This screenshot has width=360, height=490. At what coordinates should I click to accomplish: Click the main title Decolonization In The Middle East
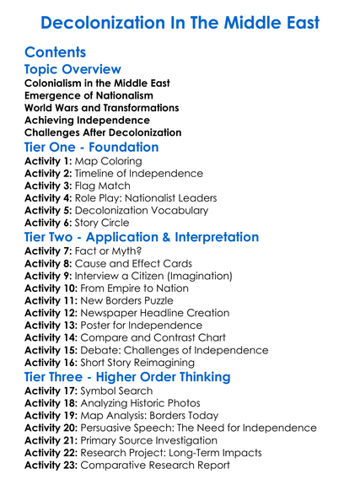point(180,21)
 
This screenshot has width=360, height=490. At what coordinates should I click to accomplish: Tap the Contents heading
point(55,52)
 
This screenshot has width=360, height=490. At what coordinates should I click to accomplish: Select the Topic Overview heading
point(73,69)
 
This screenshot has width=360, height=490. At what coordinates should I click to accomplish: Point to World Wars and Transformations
point(101,108)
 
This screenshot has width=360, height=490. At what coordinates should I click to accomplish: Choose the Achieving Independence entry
point(89,120)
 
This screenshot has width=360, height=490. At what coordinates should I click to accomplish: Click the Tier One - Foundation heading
point(91,147)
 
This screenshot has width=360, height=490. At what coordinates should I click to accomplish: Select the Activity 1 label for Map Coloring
point(48,161)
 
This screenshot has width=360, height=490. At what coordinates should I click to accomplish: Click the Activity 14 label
point(51,337)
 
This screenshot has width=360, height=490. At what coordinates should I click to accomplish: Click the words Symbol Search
point(114,391)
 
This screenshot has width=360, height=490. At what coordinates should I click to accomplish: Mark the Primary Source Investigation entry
point(169,440)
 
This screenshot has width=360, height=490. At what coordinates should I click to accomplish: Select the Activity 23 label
point(51,465)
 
